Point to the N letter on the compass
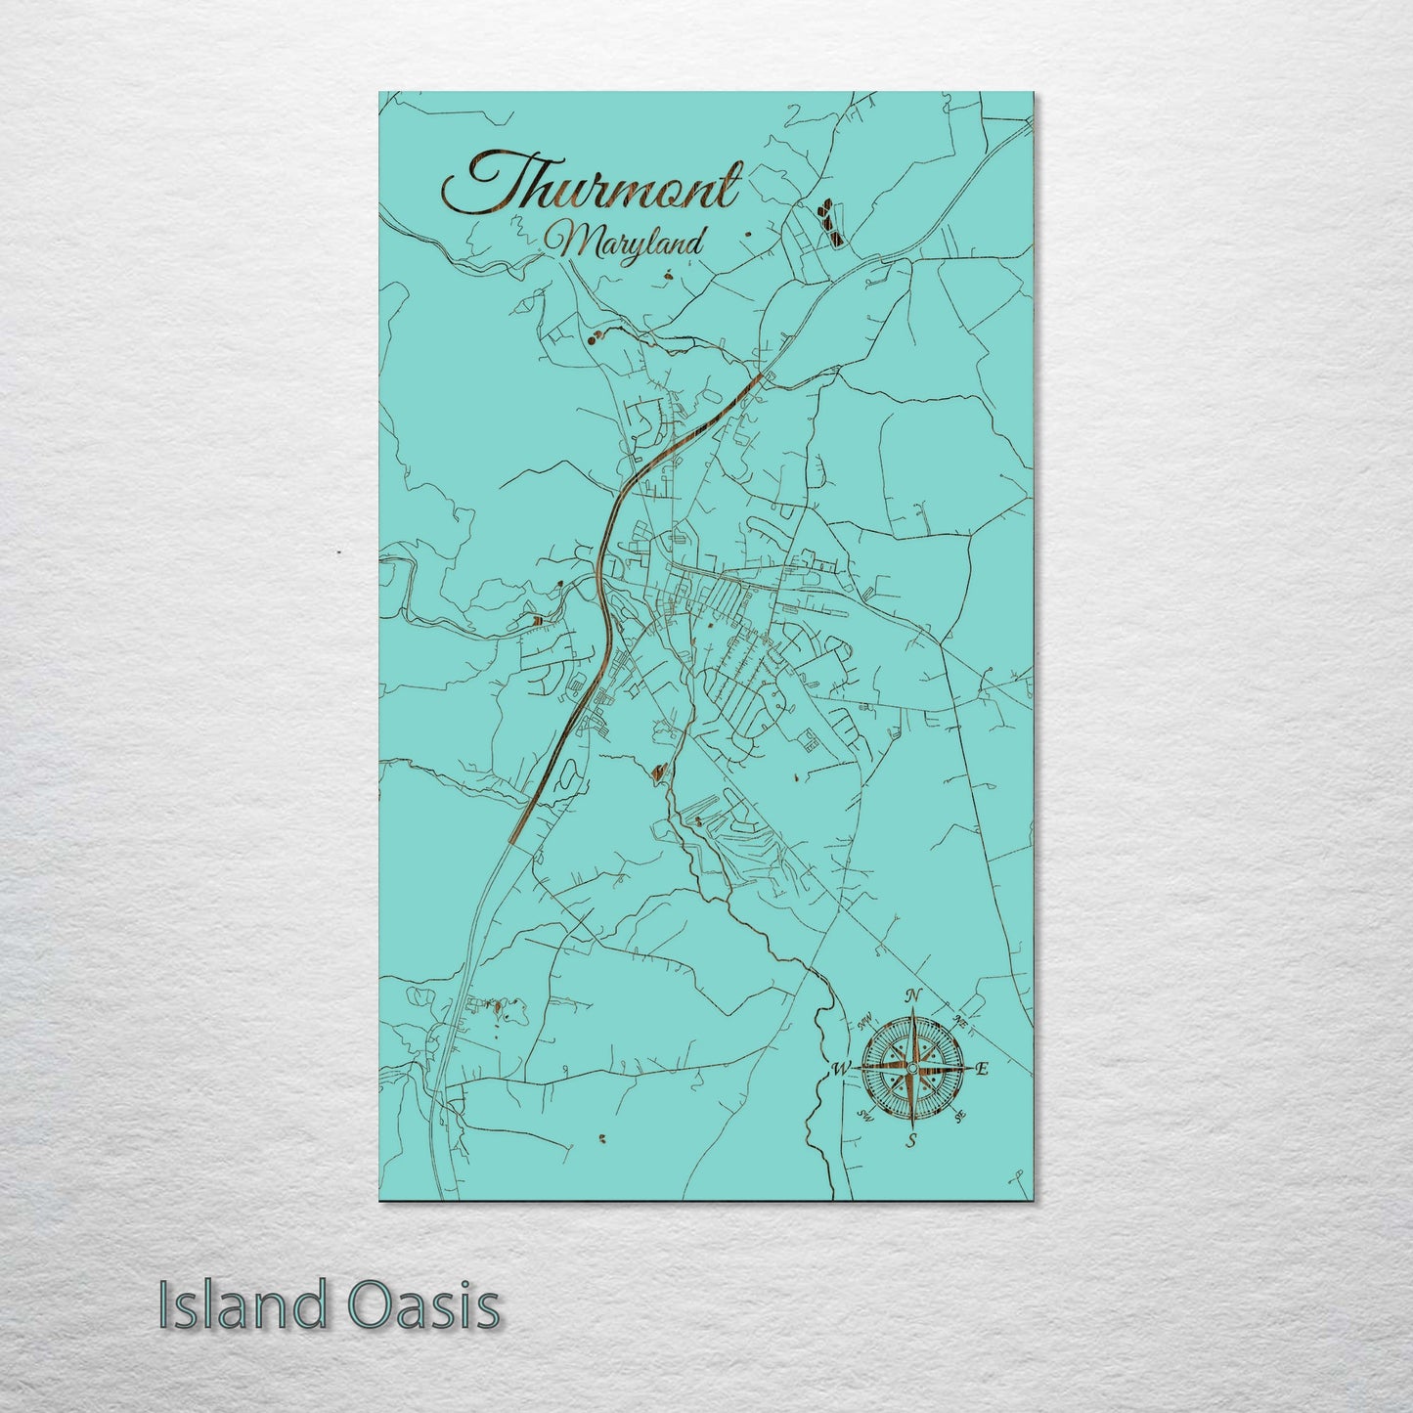point(913,996)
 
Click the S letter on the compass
point(911,1140)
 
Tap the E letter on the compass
point(984,1069)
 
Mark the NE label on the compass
point(961,1020)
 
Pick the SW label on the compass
point(863,1116)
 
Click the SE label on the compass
point(960,1116)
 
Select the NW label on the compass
point(863,1022)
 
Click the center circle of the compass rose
point(911,1069)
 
